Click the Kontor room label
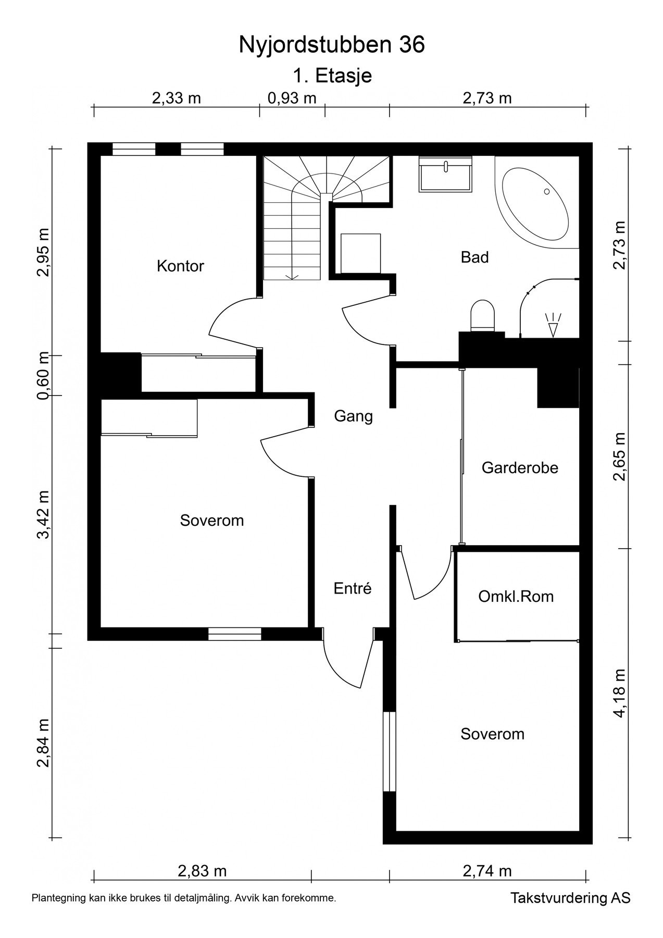click(x=180, y=266)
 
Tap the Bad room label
click(x=474, y=257)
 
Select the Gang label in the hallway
click(x=354, y=416)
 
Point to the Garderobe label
click(x=520, y=467)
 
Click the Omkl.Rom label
click(x=516, y=596)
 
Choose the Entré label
click(x=353, y=588)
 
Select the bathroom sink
click(x=446, y=174)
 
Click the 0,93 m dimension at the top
click(x=292, y=98)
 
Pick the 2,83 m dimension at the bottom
click(x=202, y=871)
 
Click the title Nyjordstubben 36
click(x=332, y=45)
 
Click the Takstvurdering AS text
click(x=570, y=898)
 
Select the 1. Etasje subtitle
click(x=332, y=76)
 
